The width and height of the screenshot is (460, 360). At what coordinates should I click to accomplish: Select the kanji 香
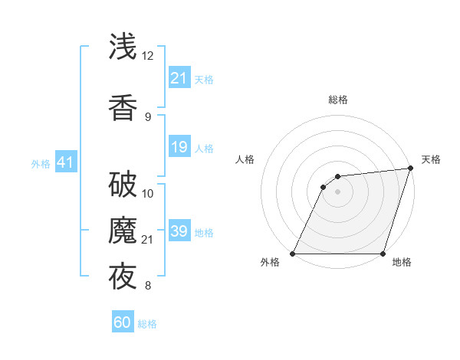tap(123, 107)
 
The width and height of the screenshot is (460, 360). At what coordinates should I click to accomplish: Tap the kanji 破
tap(123, 185)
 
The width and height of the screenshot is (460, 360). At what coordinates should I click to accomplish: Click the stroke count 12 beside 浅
tap(148, 56)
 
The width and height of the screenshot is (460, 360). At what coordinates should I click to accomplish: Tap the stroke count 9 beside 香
tap(148, 116)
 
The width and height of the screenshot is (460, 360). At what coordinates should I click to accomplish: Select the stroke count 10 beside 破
tap(148, 193)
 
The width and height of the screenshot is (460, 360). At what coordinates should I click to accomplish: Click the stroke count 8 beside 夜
tap(148, 286)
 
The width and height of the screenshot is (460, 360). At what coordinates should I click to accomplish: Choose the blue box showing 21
tap(179, 78)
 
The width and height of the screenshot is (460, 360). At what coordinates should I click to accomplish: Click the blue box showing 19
tap(179, 147)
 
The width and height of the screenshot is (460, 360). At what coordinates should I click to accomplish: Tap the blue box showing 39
tap(179, 231)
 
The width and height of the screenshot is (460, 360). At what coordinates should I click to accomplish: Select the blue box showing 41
tap(65, 162)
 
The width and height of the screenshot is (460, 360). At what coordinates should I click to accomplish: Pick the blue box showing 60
tap(123, 322)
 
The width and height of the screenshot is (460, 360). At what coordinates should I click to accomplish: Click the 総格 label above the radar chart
tap(337, 100)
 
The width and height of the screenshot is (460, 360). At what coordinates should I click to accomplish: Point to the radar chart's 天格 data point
tap(412, 169)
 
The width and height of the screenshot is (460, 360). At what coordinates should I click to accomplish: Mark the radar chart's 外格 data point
tap(293, 254)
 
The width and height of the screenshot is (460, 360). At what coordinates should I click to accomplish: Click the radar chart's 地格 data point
tap(383, 254)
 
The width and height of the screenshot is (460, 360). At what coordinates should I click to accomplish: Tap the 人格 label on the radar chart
tap(245, 159)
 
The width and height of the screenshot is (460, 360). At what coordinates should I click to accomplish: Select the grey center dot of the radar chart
tap(337, 191)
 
